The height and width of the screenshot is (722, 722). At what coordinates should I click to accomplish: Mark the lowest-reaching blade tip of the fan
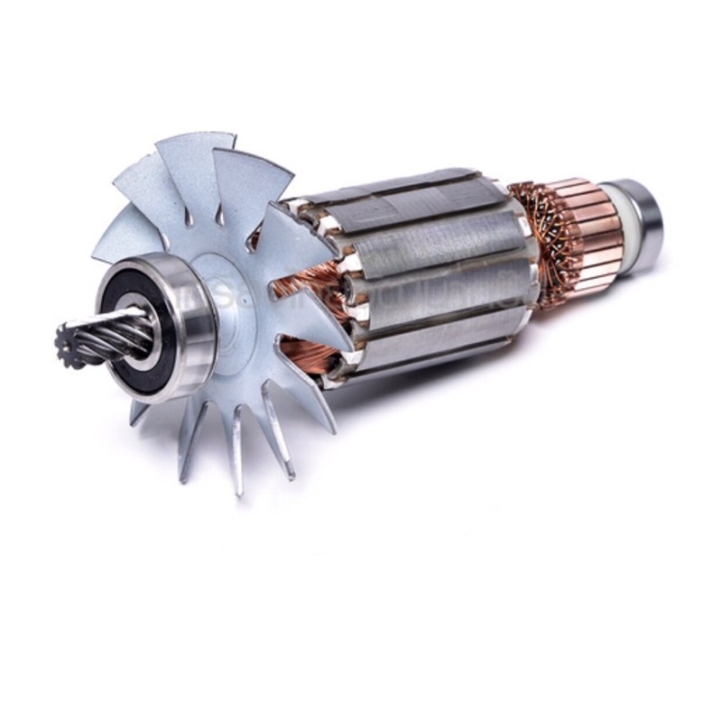point(238,487)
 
